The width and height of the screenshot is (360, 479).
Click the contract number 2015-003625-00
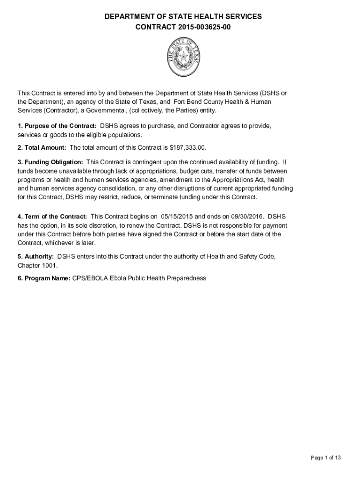click(204, 27)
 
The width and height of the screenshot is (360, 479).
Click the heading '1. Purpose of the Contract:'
click(57, 126)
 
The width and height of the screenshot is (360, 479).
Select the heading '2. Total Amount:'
click(42, 148)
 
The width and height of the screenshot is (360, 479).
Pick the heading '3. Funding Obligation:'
click(50, 162)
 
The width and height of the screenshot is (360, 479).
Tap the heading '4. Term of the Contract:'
click(52, 217)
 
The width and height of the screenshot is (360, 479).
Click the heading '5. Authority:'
click(36, 257)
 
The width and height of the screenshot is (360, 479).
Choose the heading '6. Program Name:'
click(43, 278)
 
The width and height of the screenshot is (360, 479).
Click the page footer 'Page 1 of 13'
click(326, 458)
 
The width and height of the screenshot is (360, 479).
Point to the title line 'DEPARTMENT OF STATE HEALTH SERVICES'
click(183, 17)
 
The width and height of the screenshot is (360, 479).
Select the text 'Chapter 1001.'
click(38, 265)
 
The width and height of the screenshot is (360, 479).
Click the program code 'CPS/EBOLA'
click(87, 278)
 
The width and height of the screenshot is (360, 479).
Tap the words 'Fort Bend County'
click(198, 102)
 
